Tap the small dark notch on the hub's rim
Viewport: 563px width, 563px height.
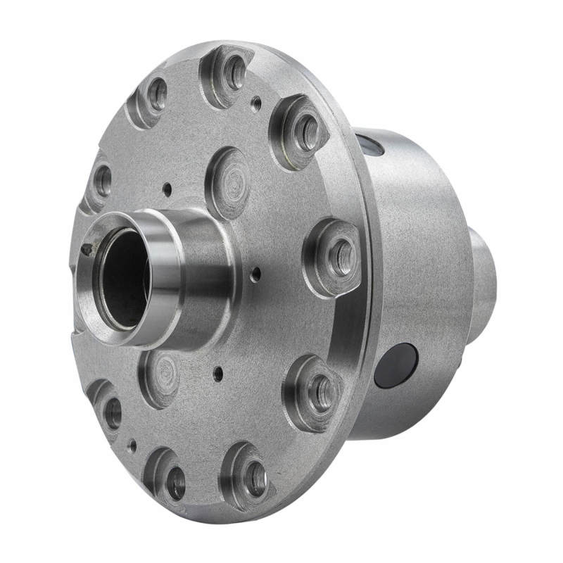87,249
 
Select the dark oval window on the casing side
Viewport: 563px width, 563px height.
396,365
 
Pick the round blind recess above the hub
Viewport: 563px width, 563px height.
229,183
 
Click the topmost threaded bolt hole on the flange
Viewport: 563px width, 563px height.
233,72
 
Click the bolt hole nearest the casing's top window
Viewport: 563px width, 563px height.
307,133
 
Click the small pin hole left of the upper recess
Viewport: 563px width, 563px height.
167,189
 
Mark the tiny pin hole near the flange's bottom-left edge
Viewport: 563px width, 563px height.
132,445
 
